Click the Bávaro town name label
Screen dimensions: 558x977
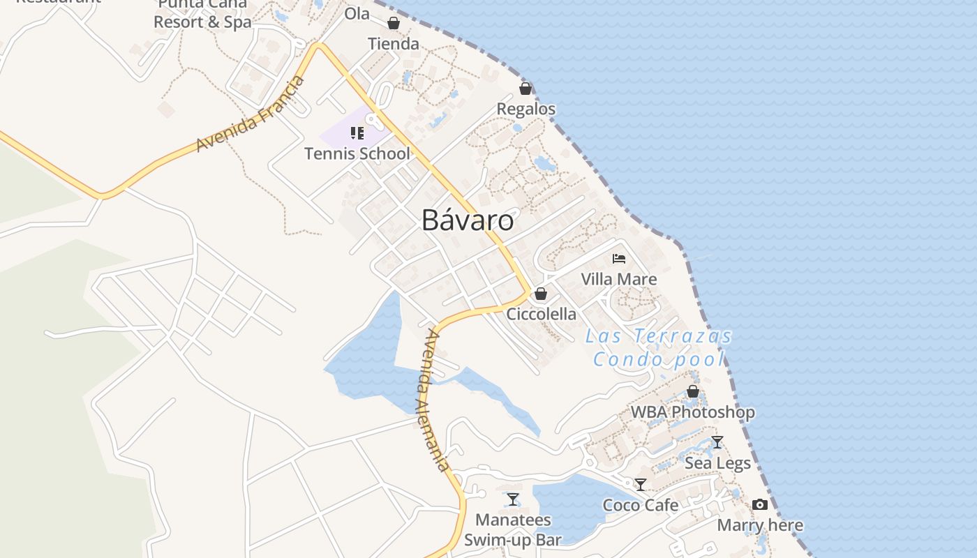point(468,220)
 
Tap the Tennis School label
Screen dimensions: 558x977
point(357,153)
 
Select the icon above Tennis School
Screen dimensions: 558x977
point(357,133)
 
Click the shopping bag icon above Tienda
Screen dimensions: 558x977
point(394,24)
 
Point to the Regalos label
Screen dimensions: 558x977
point(526,109)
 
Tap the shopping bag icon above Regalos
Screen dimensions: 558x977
point(525,89)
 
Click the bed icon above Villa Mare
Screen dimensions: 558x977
point(619,259)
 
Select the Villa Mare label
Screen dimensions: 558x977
point(619,279)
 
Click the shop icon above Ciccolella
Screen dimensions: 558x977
point(541,294)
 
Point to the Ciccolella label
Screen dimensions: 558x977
point(542,314)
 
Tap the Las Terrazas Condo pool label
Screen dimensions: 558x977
point(659,347)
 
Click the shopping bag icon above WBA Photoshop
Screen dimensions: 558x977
point(693,391)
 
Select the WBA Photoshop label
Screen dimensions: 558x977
point(693,412)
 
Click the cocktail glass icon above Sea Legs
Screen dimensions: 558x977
point(717,442)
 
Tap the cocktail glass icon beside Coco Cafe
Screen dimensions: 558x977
point(641,484)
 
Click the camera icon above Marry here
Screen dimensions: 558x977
point(760,504)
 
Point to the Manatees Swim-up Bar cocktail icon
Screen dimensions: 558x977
point(513,499)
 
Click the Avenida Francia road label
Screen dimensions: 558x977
point(251,114)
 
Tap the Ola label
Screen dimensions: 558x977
point(357,14)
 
